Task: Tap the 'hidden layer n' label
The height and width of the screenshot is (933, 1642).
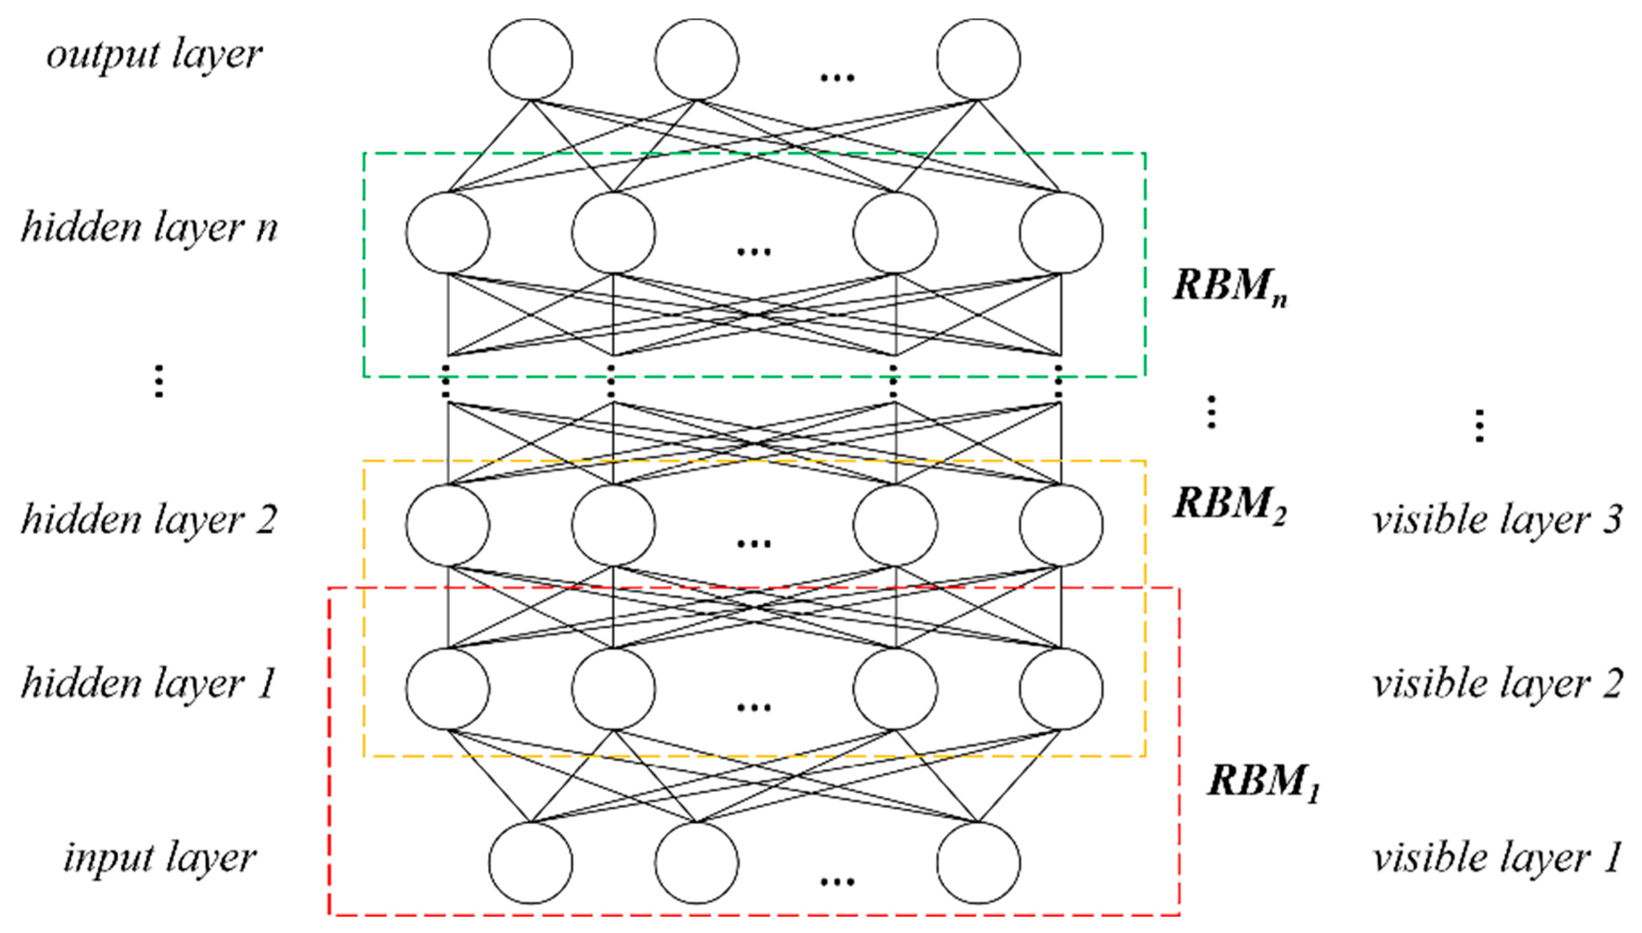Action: click(x=149, y=228)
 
